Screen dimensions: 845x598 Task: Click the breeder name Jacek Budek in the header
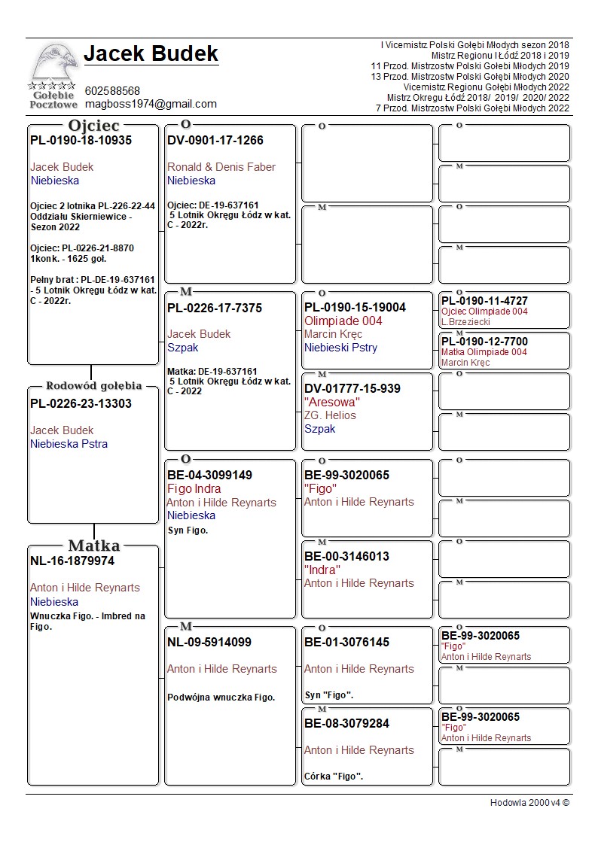[151, 54]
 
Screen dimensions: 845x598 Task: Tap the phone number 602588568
[112, 91]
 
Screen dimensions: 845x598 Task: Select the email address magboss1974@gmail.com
[151, 104]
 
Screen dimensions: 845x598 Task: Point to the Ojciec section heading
[94, 126]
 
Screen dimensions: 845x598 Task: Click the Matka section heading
[94, 546]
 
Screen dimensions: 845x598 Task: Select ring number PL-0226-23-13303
[81, 404]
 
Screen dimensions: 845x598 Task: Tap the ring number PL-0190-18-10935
[81, 141]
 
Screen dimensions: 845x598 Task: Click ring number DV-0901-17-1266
[215, 141]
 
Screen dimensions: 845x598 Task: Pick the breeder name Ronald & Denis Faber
[221, 167]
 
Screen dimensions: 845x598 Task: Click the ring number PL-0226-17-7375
[215, 309]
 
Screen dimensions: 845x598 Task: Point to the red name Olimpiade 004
[343, 321]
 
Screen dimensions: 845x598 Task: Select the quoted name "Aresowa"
[332, 402]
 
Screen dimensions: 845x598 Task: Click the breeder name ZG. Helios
[330, 415]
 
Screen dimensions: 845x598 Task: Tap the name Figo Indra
[194, 489]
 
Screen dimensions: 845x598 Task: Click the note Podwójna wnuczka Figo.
[221, 698]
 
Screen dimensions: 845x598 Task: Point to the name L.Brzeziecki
[465, 322]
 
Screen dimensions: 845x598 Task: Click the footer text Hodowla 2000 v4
[529, 803]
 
